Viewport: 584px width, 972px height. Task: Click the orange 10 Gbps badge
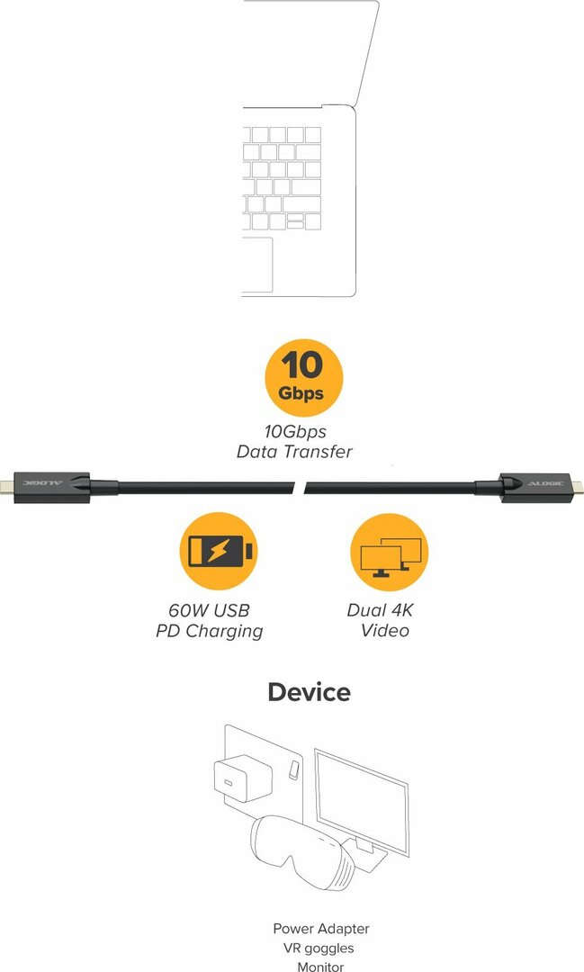303,377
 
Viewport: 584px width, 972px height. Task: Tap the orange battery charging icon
219,551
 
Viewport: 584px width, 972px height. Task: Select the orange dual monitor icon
390,552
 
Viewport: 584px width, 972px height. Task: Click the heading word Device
310,692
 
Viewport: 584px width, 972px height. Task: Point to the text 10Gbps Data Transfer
294,441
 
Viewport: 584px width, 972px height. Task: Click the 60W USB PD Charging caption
210,620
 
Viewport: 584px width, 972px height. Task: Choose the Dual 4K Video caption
380,620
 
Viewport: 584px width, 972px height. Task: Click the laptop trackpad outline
257,264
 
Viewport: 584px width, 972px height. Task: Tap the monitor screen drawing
362,803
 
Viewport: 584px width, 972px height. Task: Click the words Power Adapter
321,929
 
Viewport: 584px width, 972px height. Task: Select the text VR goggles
319,949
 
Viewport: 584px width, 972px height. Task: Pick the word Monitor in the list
320,967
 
